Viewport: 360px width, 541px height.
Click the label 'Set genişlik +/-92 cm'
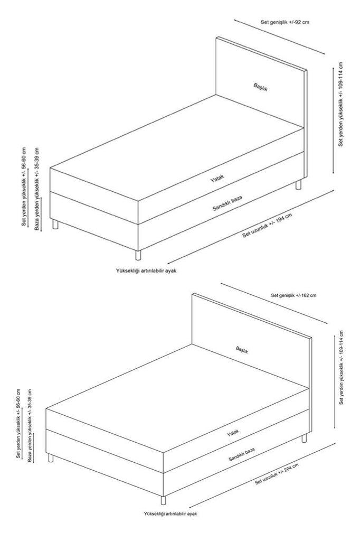pyautogui.click(x=285, y=22)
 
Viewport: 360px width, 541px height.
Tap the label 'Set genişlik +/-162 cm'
pyautogui.click(x=293, y=295)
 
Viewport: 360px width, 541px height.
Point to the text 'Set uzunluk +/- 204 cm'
pyautogui.click(x=277, y=474)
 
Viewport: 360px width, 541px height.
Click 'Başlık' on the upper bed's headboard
pyautogui.click(x=260, y=87)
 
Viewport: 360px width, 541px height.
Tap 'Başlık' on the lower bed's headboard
pyautogui.click(x=242, y=349)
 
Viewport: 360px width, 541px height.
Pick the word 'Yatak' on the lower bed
pyautogui.click(x=233, y=433)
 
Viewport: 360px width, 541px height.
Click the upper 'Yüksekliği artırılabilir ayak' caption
pyautogui.click(x=145, y=270)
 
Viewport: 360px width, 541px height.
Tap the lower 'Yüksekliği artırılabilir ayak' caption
pyautogui.click(x=170, y=513)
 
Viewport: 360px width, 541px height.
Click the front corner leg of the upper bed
pyautogui.click(x=138, y=254)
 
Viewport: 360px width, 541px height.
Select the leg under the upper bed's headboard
pyautogui.click(x=298, y=185)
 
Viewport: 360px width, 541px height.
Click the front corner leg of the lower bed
pyautogui.click(x=163, y=500)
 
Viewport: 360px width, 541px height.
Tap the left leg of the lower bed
pyautogui.click(x=51, y=458)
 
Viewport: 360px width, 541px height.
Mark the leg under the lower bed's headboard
pyautogui.click(x=304, y=438)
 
